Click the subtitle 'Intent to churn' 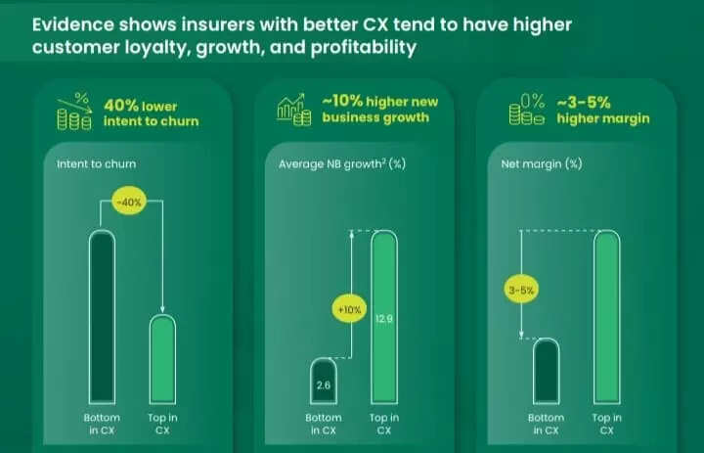tap(90, 163)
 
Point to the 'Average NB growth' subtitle tap(329, 163)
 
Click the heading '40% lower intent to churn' tap(151, 113)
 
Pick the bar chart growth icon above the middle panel tap(294, 110)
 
